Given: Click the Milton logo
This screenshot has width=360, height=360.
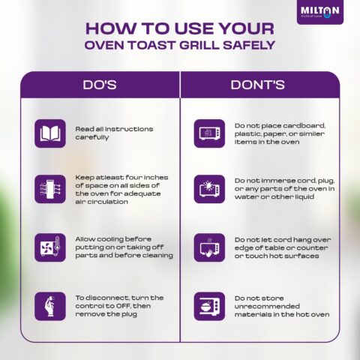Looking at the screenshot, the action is (320, 12).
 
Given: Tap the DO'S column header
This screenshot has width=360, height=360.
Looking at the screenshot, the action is (100, 85).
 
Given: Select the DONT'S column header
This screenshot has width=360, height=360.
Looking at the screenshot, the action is (257, 85).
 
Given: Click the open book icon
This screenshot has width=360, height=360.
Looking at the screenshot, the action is (50, 133).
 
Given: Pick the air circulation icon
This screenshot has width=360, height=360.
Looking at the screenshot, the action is (50, 189).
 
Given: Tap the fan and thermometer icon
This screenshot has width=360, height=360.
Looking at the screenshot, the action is (50, 247).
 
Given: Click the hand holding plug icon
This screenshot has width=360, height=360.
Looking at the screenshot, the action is (50, 306).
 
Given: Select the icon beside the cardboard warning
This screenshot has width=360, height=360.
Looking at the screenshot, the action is (209, 133).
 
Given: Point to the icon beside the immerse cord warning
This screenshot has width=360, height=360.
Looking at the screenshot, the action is (209, 189).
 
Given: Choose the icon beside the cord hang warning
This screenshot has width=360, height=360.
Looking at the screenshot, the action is (209, 247).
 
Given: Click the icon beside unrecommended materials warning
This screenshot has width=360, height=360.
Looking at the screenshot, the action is (209, 306).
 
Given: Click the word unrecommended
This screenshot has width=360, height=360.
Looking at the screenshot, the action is (267, 306).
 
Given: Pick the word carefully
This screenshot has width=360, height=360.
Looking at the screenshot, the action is (92, 137).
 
